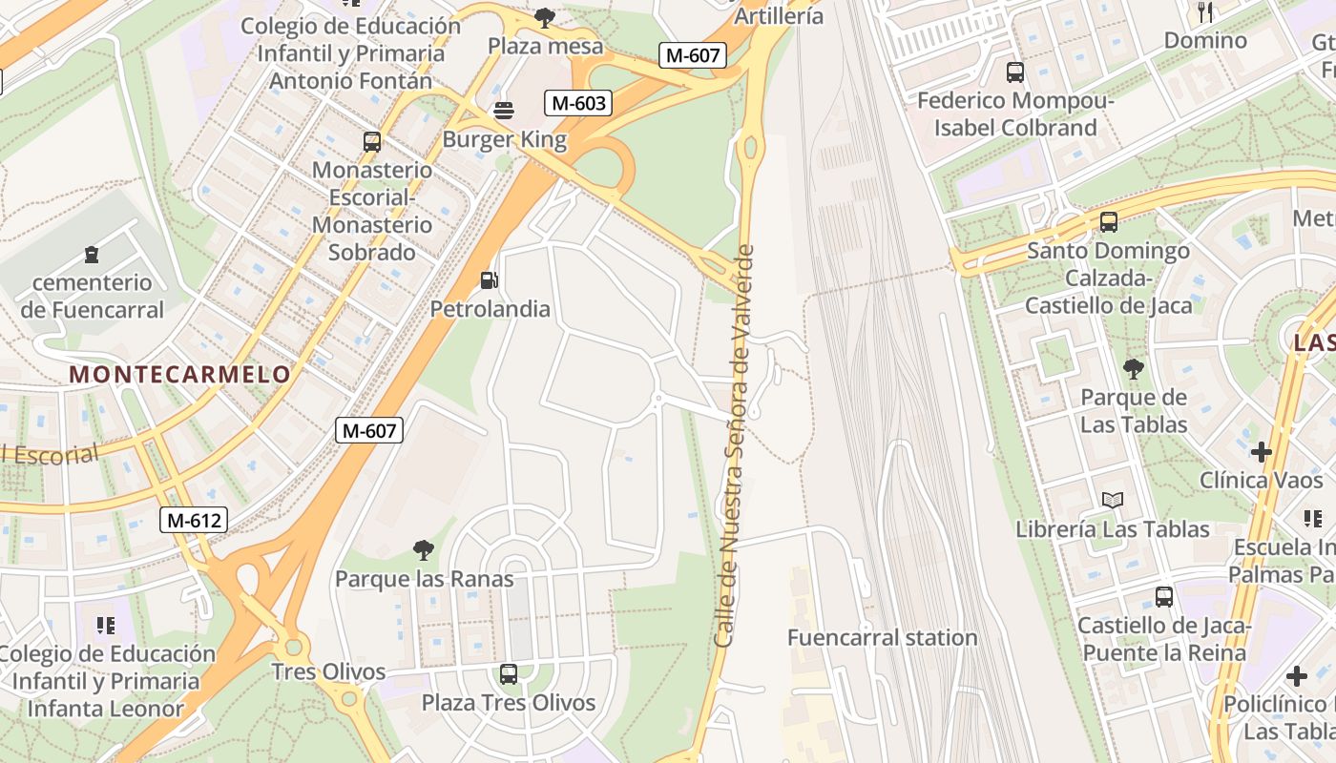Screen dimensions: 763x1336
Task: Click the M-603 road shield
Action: point(577,103)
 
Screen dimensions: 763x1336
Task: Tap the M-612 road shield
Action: point(194,520)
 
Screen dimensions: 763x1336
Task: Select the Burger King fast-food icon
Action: point(504,112)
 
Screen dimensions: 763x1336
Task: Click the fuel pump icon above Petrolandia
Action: point(490,280)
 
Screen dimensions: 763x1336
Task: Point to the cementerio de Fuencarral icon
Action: point(92,255)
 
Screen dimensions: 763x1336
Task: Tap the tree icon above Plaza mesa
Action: point(545,17)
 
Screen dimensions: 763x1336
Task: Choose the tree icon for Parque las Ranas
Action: point(424,549)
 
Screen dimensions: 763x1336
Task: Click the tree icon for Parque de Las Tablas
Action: point(1134,369)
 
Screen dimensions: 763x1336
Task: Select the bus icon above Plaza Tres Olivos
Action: point(509,674)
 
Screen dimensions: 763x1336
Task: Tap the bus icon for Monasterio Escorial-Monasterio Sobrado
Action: point(372,142)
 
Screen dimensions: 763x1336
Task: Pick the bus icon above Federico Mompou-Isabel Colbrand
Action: point(1015,72)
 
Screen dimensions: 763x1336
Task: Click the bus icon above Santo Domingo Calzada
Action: point(1109,222)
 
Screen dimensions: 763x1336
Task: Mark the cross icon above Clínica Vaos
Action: point(1262,451)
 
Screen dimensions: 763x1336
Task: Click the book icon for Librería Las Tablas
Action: point(1113,500)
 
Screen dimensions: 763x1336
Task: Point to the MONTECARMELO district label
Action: point(179,374)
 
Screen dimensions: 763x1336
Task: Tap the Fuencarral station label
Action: point(882,637)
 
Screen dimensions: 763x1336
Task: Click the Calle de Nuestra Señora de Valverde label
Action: point(735,446)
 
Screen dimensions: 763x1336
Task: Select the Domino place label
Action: point(1205,40)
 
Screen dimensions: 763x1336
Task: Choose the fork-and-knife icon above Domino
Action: point(1205,11)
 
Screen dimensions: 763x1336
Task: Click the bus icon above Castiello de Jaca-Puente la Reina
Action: point(1164,597)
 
